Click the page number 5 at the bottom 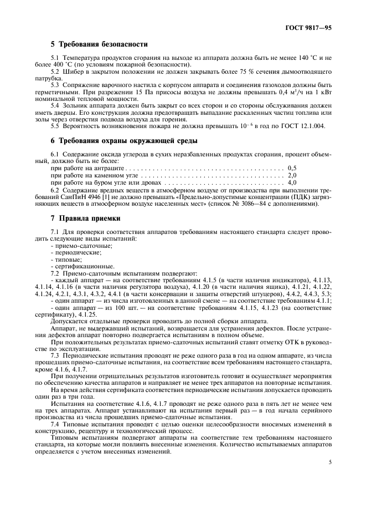pos(330,461)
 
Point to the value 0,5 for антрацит pos(292,167)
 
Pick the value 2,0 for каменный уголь pos(292,175)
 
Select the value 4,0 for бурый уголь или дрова pos(292,182)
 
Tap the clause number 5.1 pos(55,57)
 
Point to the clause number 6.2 pos(55,190)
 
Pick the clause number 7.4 pos(55,424)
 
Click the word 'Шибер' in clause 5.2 pos(73,72)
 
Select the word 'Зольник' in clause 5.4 pos(76,105)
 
